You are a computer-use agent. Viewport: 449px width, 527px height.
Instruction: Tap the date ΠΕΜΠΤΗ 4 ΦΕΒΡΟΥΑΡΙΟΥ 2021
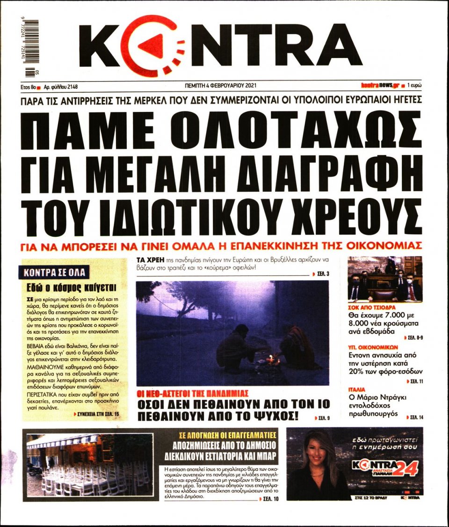(221, 86)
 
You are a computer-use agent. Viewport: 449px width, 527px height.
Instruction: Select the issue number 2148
(72, 87)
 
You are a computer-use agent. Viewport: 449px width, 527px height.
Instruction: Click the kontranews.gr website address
(379, 86)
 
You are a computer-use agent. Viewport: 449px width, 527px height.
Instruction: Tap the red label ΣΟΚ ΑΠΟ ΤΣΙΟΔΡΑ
(372, 308)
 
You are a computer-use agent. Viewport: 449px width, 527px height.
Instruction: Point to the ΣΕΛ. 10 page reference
(270, 499)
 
